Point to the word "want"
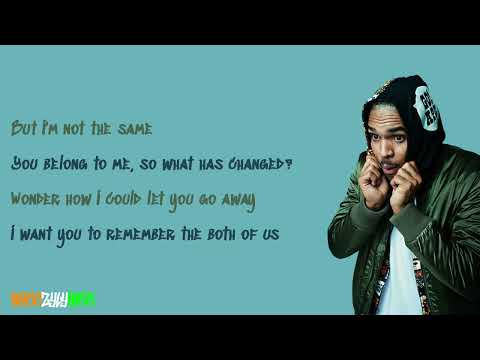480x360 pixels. pos(37,234)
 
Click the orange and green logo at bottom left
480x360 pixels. pos(53,298)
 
